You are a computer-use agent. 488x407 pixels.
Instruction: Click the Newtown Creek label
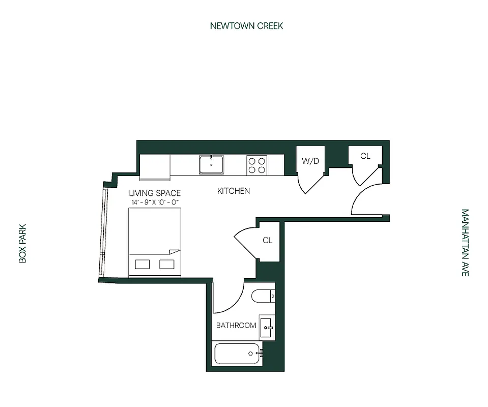click(246, 25)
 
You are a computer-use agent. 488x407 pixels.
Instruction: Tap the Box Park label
click(22, 245)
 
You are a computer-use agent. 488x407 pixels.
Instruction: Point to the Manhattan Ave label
click(465, 243)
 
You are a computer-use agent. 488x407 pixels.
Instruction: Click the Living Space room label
click(154, 193)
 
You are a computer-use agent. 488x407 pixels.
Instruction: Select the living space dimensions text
click(154, 202)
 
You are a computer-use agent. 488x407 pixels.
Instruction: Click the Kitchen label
click(234, 191)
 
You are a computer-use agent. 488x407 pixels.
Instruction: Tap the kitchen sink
click(211, 164)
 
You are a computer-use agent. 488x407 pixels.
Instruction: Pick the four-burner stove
click(256, 165)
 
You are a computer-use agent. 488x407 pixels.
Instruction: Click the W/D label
click(310, 161)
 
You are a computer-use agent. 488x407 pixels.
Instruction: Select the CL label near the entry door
click(365, 156)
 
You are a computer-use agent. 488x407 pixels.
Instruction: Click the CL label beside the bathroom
click(268, 241)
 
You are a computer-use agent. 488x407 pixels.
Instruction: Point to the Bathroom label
click(236, 325)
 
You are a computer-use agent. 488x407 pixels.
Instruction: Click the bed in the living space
click(155, 239)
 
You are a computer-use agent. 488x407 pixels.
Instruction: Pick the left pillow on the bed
click(142, 264)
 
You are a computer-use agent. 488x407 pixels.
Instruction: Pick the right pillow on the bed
click(167, 264)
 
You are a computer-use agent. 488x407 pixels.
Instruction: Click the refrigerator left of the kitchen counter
click(155, 167)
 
